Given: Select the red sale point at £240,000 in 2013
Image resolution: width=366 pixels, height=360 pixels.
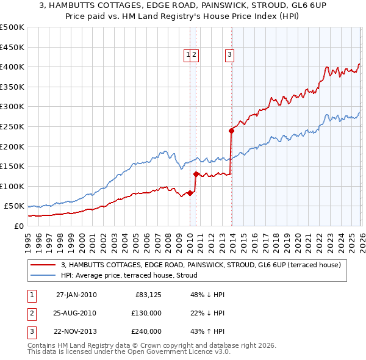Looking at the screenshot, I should [x=232, y=130].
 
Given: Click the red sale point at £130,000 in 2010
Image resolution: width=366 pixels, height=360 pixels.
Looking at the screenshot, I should [x=196, y=174].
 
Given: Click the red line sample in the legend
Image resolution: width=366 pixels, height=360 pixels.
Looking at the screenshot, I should [x=44, y=265].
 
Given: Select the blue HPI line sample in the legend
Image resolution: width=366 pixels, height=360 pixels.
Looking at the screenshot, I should [x=44, y=275].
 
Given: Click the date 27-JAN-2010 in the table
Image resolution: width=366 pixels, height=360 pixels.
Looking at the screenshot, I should [x=76, y=295].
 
